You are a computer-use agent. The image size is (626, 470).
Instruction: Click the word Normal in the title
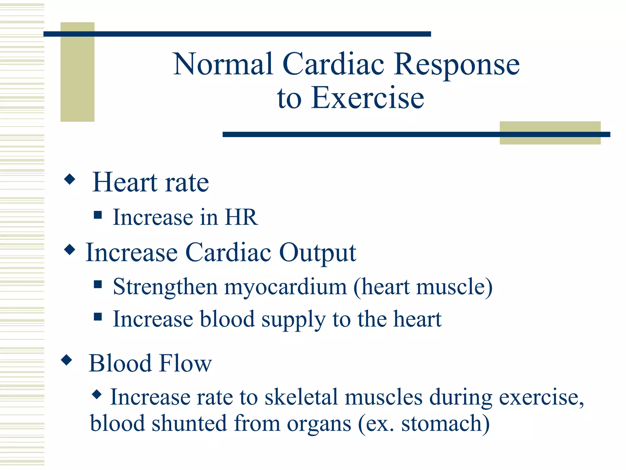pos(223,64)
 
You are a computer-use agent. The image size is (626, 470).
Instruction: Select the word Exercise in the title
pos(367,98)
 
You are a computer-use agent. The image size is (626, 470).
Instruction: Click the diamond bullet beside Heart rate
pos(70,179)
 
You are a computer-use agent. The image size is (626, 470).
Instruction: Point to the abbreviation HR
pos(241,217)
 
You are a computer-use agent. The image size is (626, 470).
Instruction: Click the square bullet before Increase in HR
pos(98,215)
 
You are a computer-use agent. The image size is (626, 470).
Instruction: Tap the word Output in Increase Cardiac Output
pos(318,253)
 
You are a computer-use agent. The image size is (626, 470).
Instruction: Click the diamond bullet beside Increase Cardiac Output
pos(70,250)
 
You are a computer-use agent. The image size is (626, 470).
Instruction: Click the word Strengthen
pos(165,287)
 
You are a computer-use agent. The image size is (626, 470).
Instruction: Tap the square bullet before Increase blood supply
pos(98,316)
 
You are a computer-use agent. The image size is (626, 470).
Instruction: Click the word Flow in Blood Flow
pos(186,363)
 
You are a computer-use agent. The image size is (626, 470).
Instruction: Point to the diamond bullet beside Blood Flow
pos(67,360)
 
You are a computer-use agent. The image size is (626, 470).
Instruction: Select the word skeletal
pos(301,397)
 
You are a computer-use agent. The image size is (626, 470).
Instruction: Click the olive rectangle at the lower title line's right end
pos(550,133)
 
